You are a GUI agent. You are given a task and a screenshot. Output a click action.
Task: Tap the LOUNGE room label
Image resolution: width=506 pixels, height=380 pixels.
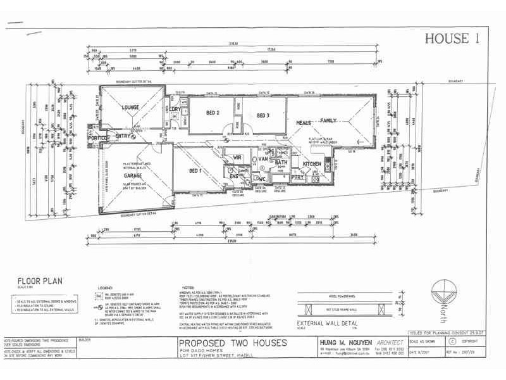131,108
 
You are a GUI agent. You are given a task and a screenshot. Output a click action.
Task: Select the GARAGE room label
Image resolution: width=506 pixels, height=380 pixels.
133,175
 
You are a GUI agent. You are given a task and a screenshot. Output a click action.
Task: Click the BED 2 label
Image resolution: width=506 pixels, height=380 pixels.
213,113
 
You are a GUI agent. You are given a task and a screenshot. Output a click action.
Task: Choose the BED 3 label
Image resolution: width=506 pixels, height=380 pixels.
263,115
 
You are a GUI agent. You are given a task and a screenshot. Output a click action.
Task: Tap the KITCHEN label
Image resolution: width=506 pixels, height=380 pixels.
312,164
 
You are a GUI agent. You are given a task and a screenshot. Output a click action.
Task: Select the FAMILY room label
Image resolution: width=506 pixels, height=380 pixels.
329,120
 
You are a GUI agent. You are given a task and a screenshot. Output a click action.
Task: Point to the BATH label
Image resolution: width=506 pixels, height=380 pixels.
281,163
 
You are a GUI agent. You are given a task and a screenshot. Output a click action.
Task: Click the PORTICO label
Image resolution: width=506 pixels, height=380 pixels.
99,137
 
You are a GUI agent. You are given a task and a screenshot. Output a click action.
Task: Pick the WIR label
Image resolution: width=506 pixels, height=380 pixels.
238,157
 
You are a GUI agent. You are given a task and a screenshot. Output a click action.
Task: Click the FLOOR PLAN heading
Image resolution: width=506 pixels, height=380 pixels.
39,282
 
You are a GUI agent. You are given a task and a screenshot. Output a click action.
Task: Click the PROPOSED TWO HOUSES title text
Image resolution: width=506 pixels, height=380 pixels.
233,343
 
